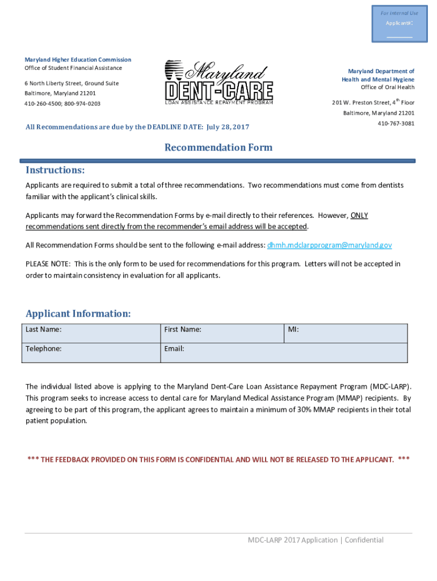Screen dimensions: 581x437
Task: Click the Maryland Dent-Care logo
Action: tap(218, 83)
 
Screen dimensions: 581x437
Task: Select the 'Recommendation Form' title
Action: tap(218, 148)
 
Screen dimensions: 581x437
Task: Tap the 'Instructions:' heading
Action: tap(55, 170)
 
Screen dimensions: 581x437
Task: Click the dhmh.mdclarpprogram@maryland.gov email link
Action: tap(329, 245)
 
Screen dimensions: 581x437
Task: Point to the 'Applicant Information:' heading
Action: tap(78, 314)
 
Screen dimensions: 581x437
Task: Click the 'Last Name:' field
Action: tap(91, 333)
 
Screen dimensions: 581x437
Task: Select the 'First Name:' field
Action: tap(221, 333)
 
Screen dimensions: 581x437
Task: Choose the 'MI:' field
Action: tap(345, 333)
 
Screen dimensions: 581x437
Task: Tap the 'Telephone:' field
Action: tap(91, 352)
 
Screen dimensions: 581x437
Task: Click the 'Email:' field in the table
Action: tap(284, 352)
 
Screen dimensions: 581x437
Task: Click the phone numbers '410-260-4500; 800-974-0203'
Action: tap(62, 104)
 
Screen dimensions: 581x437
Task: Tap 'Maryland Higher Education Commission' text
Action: tap(78, 60)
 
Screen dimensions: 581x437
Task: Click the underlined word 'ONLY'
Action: tap(359, 216)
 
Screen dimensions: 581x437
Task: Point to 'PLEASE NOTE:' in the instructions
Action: tap(48, 264)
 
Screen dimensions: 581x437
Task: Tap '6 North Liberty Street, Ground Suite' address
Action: tap(72, 83)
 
